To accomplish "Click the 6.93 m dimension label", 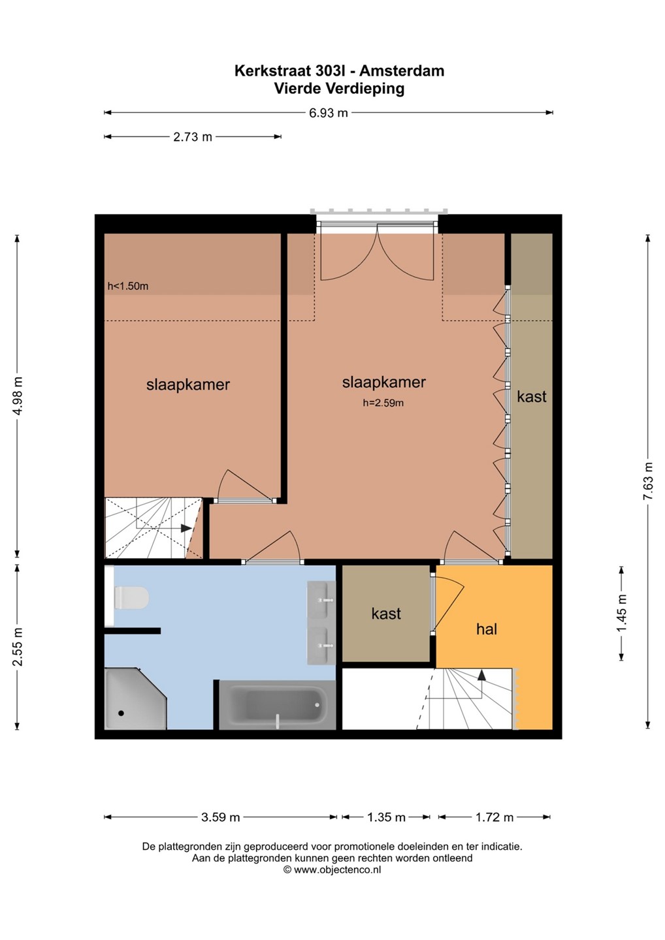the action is point(329,113).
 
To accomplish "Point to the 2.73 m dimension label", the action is point(193,137).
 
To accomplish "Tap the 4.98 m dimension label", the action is point(18,396).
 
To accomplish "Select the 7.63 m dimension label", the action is point(649,480).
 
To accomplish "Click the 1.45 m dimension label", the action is point(621,613).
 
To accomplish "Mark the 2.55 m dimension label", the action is point(18,647).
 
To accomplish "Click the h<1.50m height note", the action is point(128,286).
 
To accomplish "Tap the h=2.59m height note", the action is point(383,403).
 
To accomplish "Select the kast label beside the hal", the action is point(386,614).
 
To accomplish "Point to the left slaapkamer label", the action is point(188,384).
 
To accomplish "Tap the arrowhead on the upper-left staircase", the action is point(186,528).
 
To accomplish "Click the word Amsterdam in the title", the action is point(402,70).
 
